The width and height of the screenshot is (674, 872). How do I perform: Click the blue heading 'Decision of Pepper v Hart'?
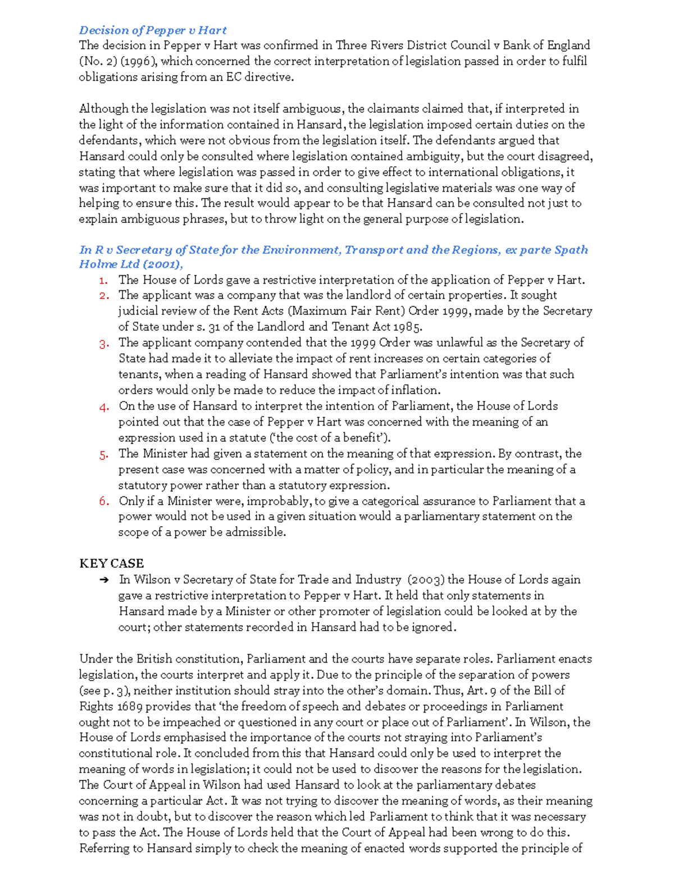(153, 30)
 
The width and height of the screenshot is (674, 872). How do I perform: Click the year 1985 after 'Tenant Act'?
(407, 327)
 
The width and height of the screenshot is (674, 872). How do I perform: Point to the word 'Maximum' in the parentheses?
(318, 311)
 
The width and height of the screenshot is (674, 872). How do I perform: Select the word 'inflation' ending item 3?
(415, 390)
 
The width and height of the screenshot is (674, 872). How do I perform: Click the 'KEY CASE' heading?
(111, 564)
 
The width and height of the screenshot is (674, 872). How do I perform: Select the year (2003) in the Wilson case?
(426, 579)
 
